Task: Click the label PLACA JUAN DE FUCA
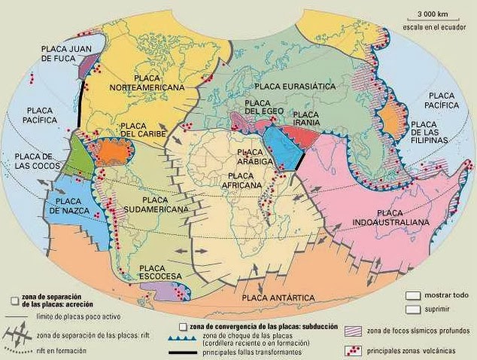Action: tap(66, 55)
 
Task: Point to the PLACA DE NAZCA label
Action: tap(68, 206)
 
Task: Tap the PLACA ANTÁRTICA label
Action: tap(278, 298)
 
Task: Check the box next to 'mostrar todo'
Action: tap(412, 296)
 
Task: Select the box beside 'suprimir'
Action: tap(412, 309)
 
